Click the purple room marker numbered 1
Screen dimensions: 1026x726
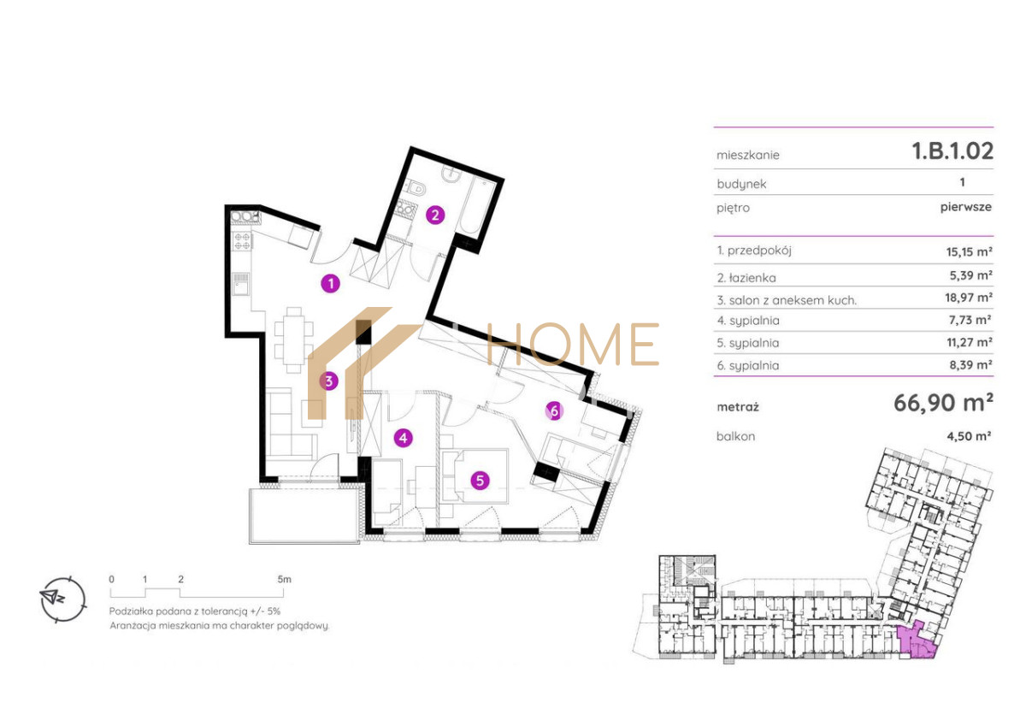(331, 284)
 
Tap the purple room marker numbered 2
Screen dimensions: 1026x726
(435, 215)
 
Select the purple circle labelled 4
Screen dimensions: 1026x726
(403, 438)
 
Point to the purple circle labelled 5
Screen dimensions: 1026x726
(480, 481)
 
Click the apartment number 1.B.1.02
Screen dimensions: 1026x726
(952, 151)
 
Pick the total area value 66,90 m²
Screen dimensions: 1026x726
(944, 403)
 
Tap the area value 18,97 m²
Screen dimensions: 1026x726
(969, 298)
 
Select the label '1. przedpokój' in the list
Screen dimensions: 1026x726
(754, 251)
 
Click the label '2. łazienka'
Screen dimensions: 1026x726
(746, 278)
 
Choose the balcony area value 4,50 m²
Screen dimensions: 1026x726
(969, 435)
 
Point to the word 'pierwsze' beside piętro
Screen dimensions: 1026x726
(966, 207)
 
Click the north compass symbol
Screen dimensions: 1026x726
(63, 599)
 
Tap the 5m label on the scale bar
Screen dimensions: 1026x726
(284, 579)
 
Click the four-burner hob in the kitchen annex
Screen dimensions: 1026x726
(242, 241)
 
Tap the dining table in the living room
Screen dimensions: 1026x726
(293, 340)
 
